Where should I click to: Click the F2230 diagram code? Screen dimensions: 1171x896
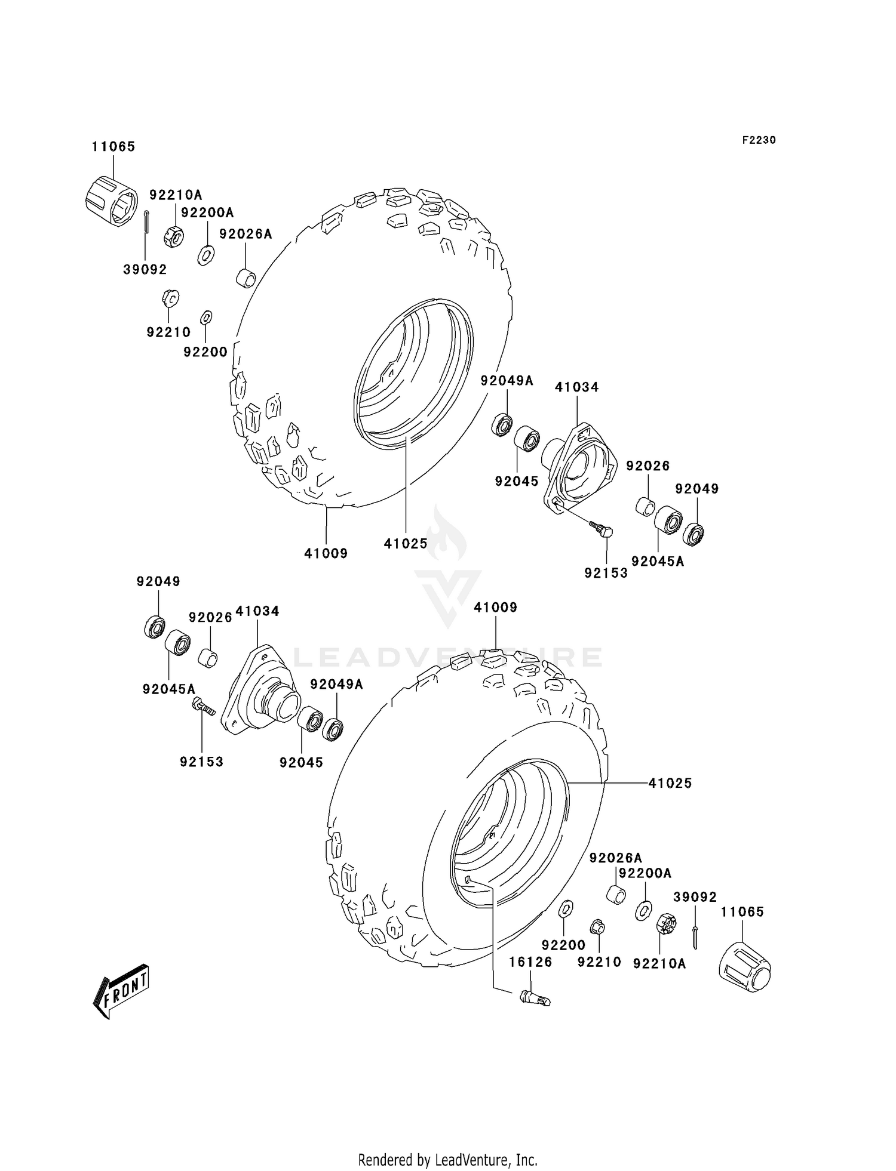759,140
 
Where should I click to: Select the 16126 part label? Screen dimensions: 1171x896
530,962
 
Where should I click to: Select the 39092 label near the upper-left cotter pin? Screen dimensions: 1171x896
145,270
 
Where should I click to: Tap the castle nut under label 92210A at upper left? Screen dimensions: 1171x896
173,237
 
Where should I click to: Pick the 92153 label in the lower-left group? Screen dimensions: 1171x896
201,762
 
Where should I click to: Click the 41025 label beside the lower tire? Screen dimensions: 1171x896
670,783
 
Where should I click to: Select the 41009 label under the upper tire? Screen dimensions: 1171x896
326,553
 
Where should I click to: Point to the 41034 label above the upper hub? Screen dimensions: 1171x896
576,387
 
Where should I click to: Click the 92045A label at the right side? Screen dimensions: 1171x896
657,561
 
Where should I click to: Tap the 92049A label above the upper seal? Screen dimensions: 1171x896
507,380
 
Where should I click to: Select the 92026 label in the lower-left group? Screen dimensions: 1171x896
210,617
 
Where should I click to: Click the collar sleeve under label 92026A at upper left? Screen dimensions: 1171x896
246,278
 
